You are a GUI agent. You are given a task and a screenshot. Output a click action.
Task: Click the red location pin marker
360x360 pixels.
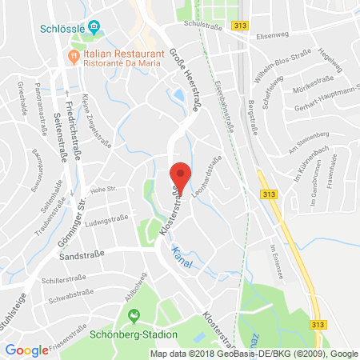[182, 178]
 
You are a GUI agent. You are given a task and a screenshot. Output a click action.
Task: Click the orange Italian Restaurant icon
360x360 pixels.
[74, 56]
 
